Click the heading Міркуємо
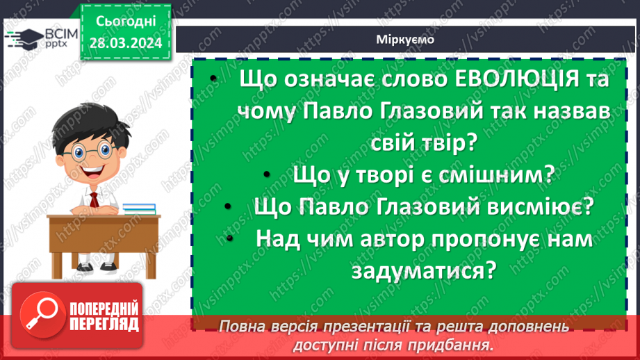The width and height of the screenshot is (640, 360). [x=406, y=40]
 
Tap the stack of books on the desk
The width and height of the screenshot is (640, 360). [x=139, y=208]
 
